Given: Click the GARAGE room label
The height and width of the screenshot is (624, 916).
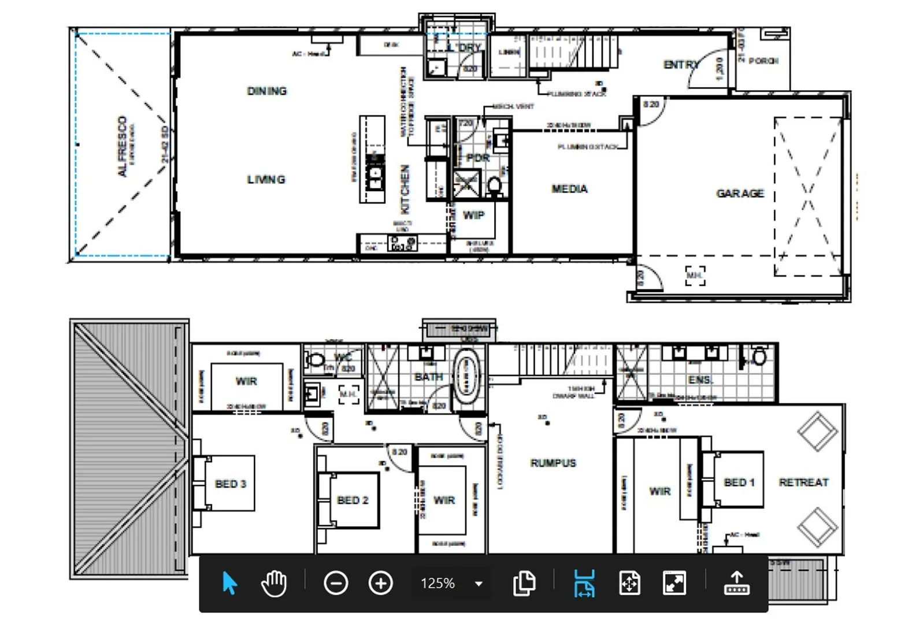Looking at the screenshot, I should (x=740, y=194).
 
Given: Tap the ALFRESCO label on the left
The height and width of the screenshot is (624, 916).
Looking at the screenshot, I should (x=122, y=146).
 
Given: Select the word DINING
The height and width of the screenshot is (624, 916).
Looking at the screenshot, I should (x=266, y=91).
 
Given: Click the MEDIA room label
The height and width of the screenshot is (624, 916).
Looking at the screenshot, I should (x=569, y=189).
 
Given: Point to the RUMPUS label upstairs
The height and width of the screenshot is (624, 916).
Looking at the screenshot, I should (x=553, y=463).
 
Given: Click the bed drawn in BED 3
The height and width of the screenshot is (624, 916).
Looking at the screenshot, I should (x=224, y=483).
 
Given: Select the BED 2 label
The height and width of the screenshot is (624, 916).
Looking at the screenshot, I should (x=353, y=500).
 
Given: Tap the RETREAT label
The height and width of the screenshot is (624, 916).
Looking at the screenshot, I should (x=803, y=482).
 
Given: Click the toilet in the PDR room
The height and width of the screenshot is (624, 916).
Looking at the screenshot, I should (x=495, y=186).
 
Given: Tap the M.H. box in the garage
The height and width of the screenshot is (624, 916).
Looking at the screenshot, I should (x=695, y=276).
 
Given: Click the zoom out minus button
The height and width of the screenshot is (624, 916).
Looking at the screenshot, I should (x=336, y=583).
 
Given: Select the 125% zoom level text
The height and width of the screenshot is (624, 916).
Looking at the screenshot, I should (x=437, y=584).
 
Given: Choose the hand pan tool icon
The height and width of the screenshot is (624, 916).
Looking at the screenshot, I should (x=274, y=583).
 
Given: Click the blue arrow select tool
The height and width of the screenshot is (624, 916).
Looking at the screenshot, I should (x=229, y=583).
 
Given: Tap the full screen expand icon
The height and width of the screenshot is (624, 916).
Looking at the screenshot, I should (x=674, y=583).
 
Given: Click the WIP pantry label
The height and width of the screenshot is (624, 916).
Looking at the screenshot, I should (x=473, y=216).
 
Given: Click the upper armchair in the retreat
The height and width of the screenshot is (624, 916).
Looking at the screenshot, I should (x=817, y=431).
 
